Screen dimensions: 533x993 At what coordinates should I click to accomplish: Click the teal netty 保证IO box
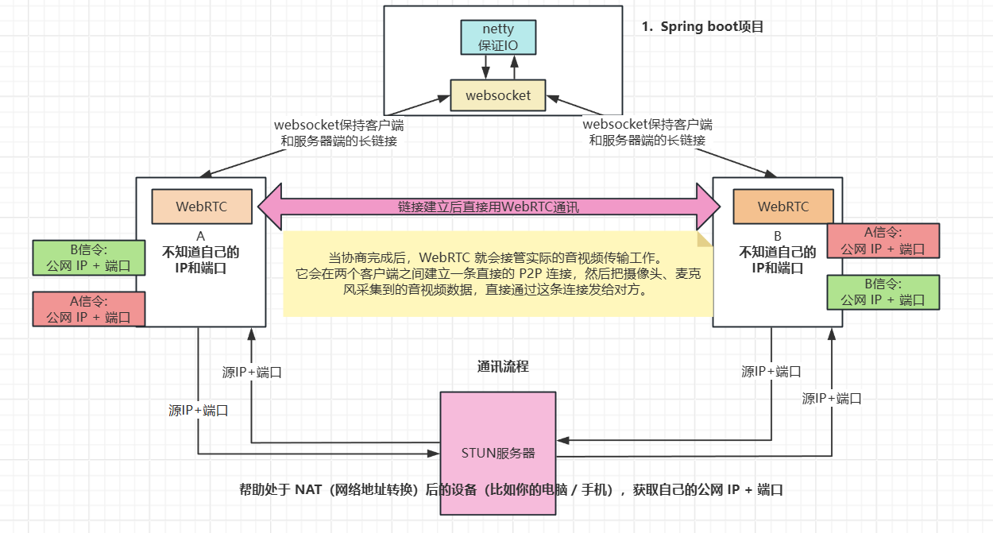(x=498, y=37)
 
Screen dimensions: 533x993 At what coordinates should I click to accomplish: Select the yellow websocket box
(x=497, y=95)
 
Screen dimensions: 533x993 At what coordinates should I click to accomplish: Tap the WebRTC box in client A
(x=202, y=207)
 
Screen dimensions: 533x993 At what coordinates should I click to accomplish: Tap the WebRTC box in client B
(x=783, y=207)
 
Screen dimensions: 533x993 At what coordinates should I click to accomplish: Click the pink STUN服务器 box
(x=498, y=453)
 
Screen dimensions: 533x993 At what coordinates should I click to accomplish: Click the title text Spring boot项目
(x=703, y=26)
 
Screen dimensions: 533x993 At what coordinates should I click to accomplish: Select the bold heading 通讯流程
(x=503, y=366)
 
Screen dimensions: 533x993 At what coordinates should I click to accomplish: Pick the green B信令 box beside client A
(x=89, y=257)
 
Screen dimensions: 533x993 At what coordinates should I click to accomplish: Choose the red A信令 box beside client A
(x=89, y=309)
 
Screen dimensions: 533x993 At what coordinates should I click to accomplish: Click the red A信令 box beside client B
(x=883, y=241)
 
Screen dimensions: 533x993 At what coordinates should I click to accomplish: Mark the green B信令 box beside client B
(x=883, y=292)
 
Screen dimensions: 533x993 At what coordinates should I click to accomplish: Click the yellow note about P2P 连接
(x=498, y=274)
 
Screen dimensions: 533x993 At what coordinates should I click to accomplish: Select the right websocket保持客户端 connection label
(x=647, y=133)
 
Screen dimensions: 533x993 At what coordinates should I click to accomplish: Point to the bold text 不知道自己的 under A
(x=201, y=253)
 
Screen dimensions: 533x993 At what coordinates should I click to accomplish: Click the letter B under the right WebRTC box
(x=778, y=236)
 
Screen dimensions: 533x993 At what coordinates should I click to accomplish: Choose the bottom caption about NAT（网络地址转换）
(x=512, y=489)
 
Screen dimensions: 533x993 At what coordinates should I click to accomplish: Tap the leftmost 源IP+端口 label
(x=199, y=411)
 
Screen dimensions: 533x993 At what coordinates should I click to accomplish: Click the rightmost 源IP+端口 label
(x=832, y=399)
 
